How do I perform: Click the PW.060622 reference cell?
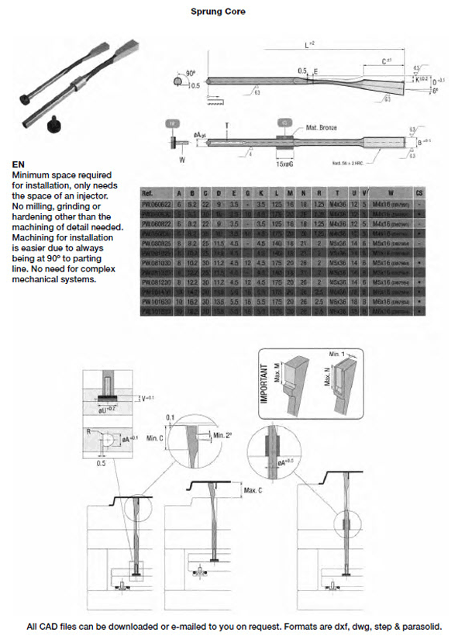[x=157, y=202]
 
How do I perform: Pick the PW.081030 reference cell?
[x=157, y=263]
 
